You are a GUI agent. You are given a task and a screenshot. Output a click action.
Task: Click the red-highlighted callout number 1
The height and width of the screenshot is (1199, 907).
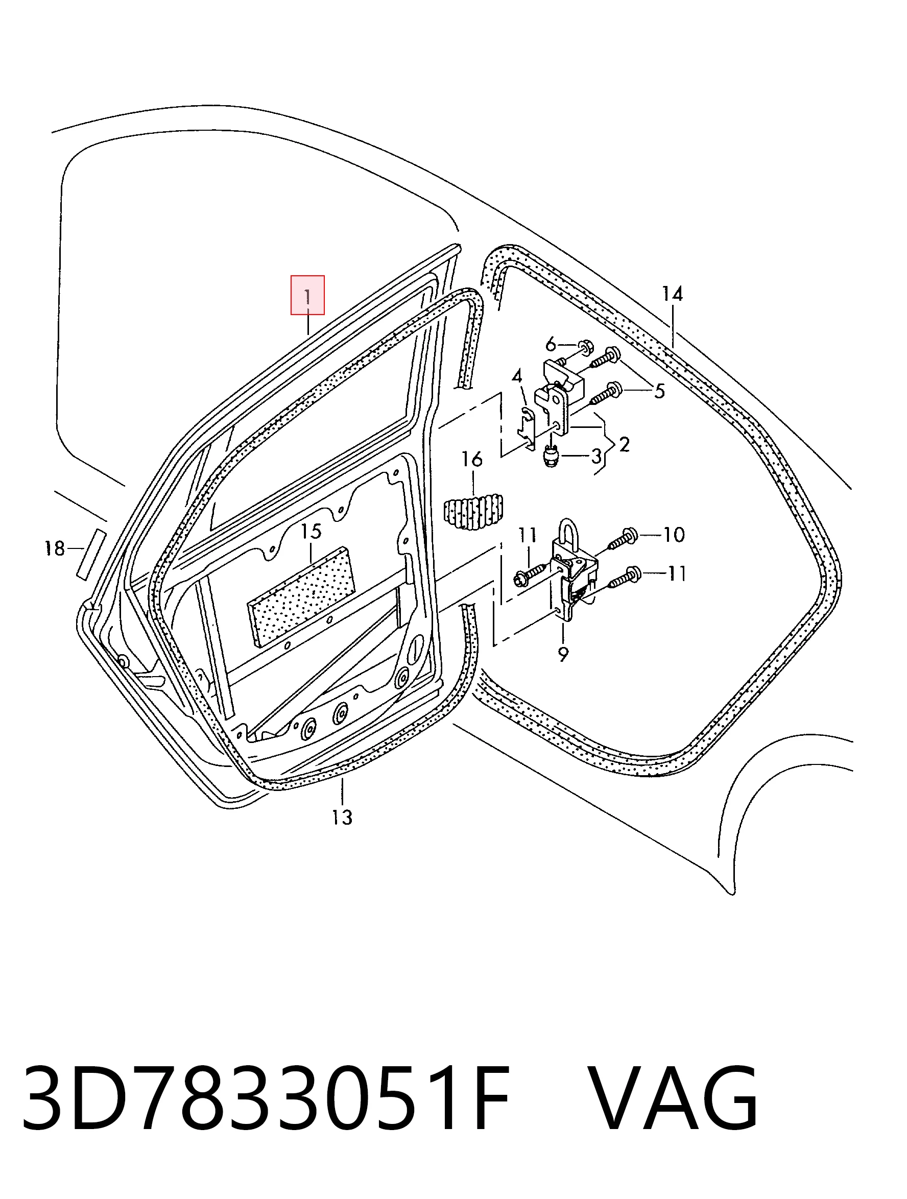[307, 297]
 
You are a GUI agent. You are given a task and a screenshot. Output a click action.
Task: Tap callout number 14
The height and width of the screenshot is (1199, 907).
[672, 294]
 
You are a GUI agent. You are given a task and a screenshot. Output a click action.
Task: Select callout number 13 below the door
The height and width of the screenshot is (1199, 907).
[342, 817]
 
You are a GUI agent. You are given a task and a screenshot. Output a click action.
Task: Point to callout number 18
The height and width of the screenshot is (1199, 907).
[55, 548]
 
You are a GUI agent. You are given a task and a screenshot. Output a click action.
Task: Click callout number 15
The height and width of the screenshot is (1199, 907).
[311, 531]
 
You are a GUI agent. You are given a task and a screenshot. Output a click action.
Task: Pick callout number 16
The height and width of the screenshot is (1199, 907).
[472, 459]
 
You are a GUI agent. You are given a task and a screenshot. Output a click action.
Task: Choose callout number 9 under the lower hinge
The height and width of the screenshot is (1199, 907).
[563, 654]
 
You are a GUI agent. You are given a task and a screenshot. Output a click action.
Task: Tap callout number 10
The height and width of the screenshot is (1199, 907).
[674, 535]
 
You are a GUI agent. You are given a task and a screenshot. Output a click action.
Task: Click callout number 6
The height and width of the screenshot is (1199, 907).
[551, 344]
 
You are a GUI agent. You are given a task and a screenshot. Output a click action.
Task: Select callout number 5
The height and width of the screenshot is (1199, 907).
[659, 391]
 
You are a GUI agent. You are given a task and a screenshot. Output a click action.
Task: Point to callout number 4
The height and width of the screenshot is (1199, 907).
[517, 376]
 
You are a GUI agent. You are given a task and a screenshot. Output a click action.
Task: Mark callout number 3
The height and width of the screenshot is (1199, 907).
[596, 456]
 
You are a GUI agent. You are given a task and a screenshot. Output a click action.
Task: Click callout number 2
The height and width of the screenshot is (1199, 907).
[625, 444]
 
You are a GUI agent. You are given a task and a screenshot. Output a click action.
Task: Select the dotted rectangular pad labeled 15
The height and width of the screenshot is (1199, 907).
[301, 596]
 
